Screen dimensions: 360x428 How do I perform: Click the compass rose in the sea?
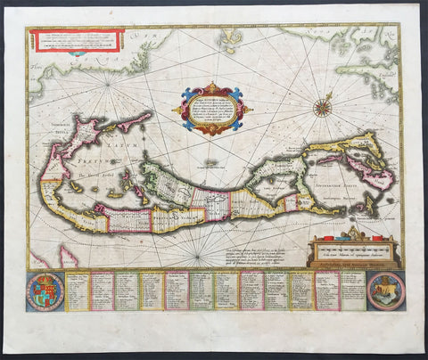322,108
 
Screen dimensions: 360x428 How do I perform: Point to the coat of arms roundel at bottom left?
46,290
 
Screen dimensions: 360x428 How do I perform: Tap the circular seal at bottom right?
385,290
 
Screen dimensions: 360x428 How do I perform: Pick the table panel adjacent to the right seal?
352,290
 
